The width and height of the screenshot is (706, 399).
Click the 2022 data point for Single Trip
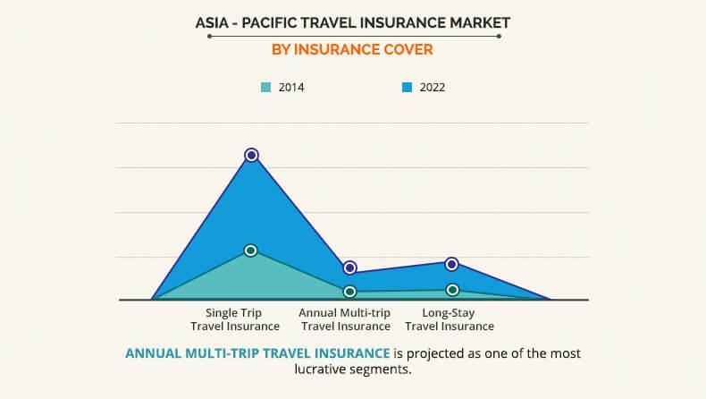click(x=252, y=155)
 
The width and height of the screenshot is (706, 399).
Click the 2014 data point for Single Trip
click(x=251, y=250)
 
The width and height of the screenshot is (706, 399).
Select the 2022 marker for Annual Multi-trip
click(x=350, y=267)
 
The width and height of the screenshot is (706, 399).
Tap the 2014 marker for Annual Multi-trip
click(x=350, y=292)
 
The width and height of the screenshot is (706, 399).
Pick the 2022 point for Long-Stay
click(x=452, y=264)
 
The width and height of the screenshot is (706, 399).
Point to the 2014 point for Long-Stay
click(x=452, y=290)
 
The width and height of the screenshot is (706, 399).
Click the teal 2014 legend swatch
click(x=265, y=88)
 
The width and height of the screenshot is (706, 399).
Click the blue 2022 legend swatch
click(x=408, y=88)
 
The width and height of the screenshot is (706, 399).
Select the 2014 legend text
click(x=291, y=88)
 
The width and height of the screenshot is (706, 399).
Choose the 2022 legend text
click(x=433, y=88)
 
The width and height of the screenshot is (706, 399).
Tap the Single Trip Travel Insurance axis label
click(x=235, y=319)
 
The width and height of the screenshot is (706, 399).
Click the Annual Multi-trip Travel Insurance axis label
click(x=344, y=319)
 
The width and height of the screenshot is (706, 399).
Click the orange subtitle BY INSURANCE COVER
click(x=353, y=50)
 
